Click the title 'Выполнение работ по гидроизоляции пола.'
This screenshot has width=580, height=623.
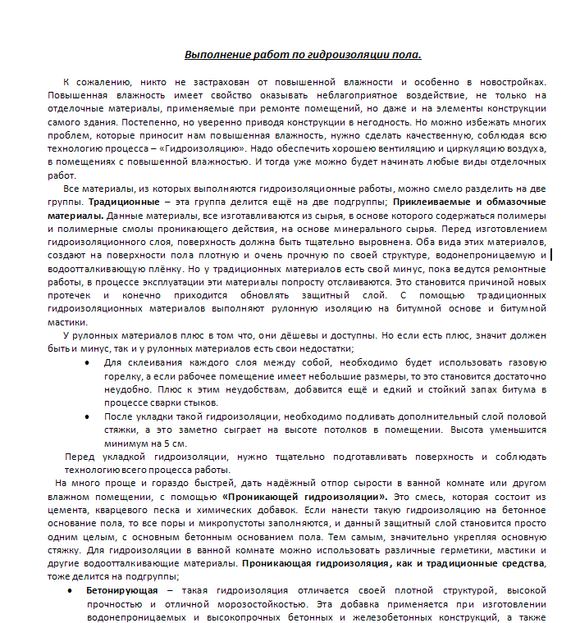coord(303,55)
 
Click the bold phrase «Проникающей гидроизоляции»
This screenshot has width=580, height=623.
coord(303,497)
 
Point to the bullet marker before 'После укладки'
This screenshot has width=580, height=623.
coord(88,416)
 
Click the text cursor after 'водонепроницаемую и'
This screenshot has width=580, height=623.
coord(550,255)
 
